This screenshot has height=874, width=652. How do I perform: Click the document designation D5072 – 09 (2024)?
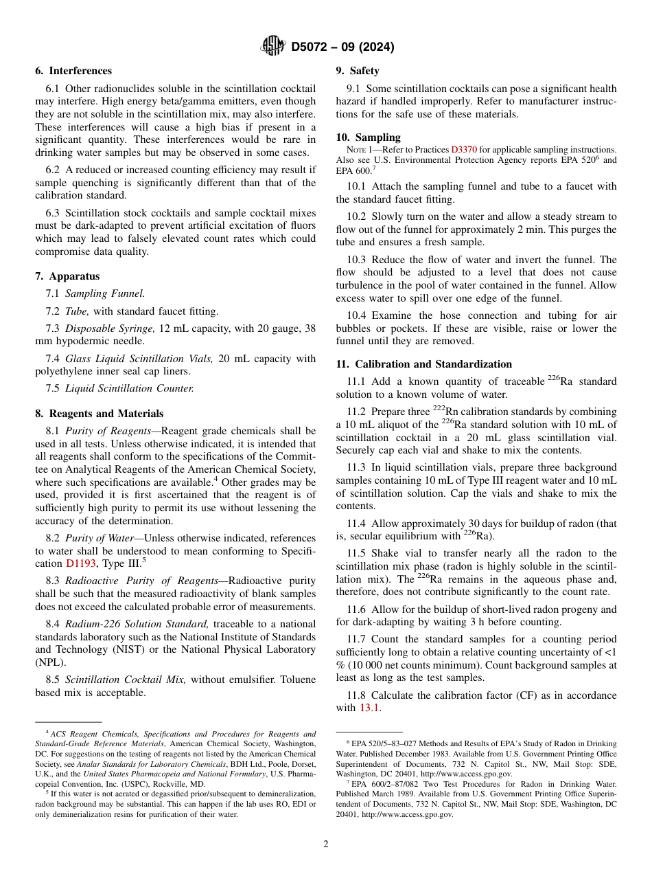pos(342,47)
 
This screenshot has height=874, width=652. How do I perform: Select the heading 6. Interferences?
pos(73,71)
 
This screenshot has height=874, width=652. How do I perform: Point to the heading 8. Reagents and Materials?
pos(100,414)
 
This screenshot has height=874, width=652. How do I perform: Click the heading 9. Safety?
pos(357,71)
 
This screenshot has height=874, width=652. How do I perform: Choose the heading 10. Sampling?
pos(368,137)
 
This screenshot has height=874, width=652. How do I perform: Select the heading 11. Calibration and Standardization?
pos(423,364)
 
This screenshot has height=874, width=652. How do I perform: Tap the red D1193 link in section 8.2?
pos(80,563)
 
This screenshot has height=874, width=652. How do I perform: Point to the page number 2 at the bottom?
pos(326,844)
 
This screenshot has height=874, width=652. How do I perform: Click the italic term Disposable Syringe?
pos(110,328)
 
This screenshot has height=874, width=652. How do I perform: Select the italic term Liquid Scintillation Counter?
pos(129,388)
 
